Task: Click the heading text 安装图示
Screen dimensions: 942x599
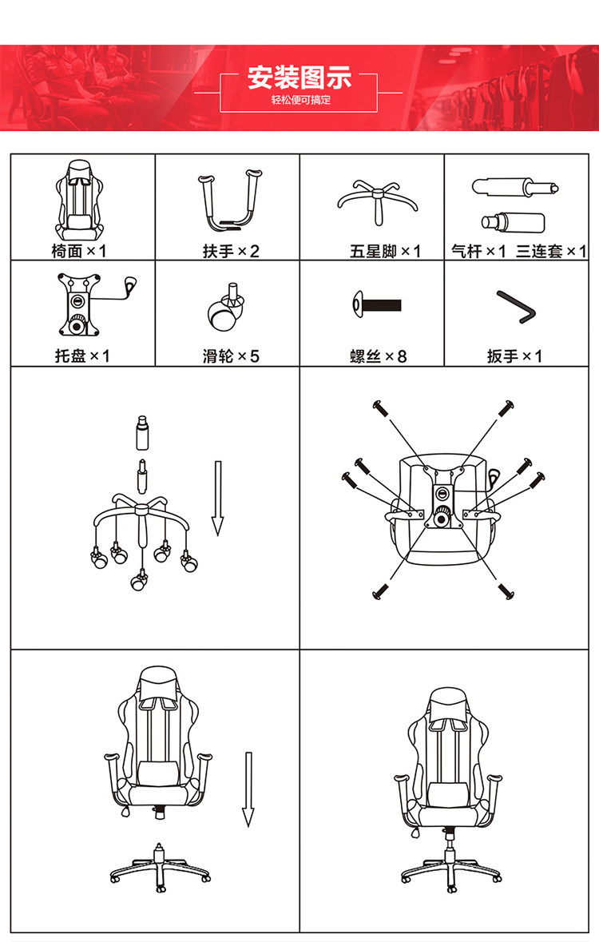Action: pyautogui.click(x=299, y=78)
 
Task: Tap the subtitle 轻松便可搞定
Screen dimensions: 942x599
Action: pyautogui.click(x=299, y=101)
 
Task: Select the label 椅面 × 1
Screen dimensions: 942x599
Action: pyautogui.click(x=79, y=252)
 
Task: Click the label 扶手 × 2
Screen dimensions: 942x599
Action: pyautogui.click(x=231, y=252)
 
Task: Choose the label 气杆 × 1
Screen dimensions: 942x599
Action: pyautogui.click(x=478, y=252)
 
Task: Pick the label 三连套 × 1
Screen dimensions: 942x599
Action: pyautogui.click(x=551, y=252)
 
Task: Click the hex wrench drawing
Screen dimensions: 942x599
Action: pyautogui.click(x=516, y=308)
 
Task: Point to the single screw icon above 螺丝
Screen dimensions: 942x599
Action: pyautogui.click(x=375, y=304)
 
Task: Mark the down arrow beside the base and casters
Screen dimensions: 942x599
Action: pyautogui.click(x=216, y=497)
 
